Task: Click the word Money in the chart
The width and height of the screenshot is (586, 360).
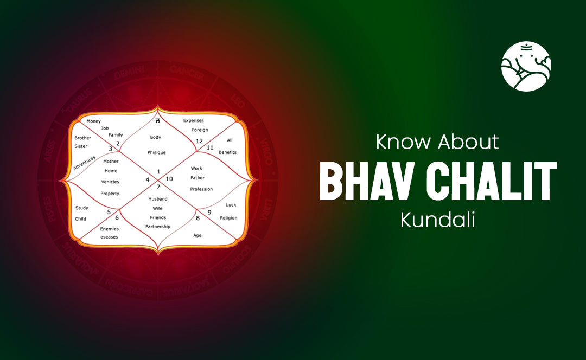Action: pos(94,121)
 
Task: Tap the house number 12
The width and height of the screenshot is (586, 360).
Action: pos(199,141)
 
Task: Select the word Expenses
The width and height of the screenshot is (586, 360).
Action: pos(194,120)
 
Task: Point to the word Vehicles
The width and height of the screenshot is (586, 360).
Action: pos(110,182)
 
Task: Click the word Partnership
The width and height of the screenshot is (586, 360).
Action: pos(158,226)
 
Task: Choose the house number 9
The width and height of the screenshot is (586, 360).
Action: pos(209,212)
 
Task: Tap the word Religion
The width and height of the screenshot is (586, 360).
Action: pos(228,217)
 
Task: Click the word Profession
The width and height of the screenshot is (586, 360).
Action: pos(201,189)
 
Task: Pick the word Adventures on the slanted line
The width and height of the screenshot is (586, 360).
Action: pos(85,163)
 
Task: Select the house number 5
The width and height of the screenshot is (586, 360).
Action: pos(109,212)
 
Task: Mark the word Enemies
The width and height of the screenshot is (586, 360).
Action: pos(110,229)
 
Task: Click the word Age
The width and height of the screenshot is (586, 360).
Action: pos(198,235)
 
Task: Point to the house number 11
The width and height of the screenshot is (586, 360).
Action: pos(210,147)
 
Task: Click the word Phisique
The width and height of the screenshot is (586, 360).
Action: pos(157,152)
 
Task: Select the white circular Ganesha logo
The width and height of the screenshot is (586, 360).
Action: pos(526,66)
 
